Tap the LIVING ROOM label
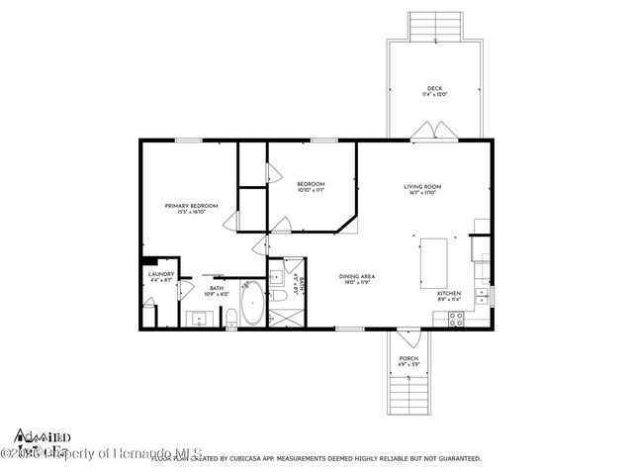[421, 187]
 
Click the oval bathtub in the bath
[253, 303]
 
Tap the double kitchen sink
[482, 293]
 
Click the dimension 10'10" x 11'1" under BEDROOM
[311, 191]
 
